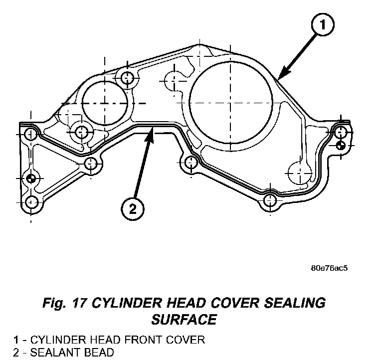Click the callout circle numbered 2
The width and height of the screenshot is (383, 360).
tap(132, 209)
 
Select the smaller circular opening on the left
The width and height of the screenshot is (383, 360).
tap(106, 102)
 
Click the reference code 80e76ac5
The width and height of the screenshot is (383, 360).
tap(329, 268)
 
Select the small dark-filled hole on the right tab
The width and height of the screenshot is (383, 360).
tap(341, 146)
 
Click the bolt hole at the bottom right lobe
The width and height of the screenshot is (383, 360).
tap(270, 201)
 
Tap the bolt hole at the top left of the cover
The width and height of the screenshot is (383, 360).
tap(127, 77)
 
